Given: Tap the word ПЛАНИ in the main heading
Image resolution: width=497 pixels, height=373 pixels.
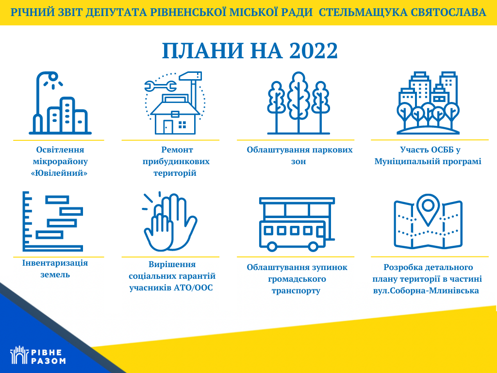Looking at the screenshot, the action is click(203, 51).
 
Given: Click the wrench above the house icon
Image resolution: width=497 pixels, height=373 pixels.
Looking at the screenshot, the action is click(160, 85).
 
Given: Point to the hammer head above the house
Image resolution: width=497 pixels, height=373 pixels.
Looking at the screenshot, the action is click(190, 76).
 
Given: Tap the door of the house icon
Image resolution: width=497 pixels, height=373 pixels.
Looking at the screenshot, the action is click(167, 127).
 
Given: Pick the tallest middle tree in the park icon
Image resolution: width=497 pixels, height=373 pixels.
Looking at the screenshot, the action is click(298, 102).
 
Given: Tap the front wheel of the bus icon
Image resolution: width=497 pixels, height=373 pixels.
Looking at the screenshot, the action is click(272, 246).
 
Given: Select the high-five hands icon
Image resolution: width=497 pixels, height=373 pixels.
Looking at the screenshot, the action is click(169, 222).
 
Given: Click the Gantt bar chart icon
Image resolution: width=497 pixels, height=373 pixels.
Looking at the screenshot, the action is click(52, 221).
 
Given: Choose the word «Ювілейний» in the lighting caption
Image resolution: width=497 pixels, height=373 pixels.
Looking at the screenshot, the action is click(59, 173).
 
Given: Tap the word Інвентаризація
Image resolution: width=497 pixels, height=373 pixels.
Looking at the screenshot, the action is click(55, 263).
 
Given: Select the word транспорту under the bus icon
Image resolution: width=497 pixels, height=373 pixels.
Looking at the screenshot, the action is click(296, 291).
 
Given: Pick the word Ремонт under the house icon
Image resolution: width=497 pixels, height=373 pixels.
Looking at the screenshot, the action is click(177, 150).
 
